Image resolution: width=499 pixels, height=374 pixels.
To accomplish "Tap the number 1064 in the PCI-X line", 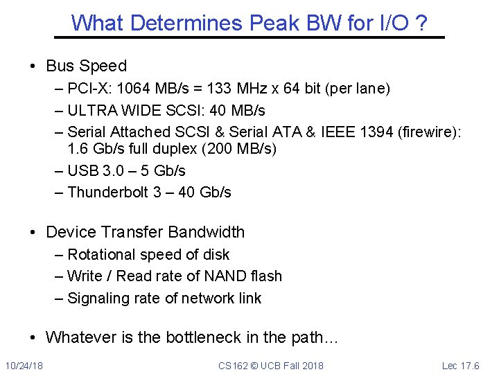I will coord(134,89).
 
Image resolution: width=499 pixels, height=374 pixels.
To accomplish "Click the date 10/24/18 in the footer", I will coord(24,365).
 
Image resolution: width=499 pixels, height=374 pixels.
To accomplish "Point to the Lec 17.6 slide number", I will coord(460,365).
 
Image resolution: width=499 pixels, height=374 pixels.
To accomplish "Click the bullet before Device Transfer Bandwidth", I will coord(33,233).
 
